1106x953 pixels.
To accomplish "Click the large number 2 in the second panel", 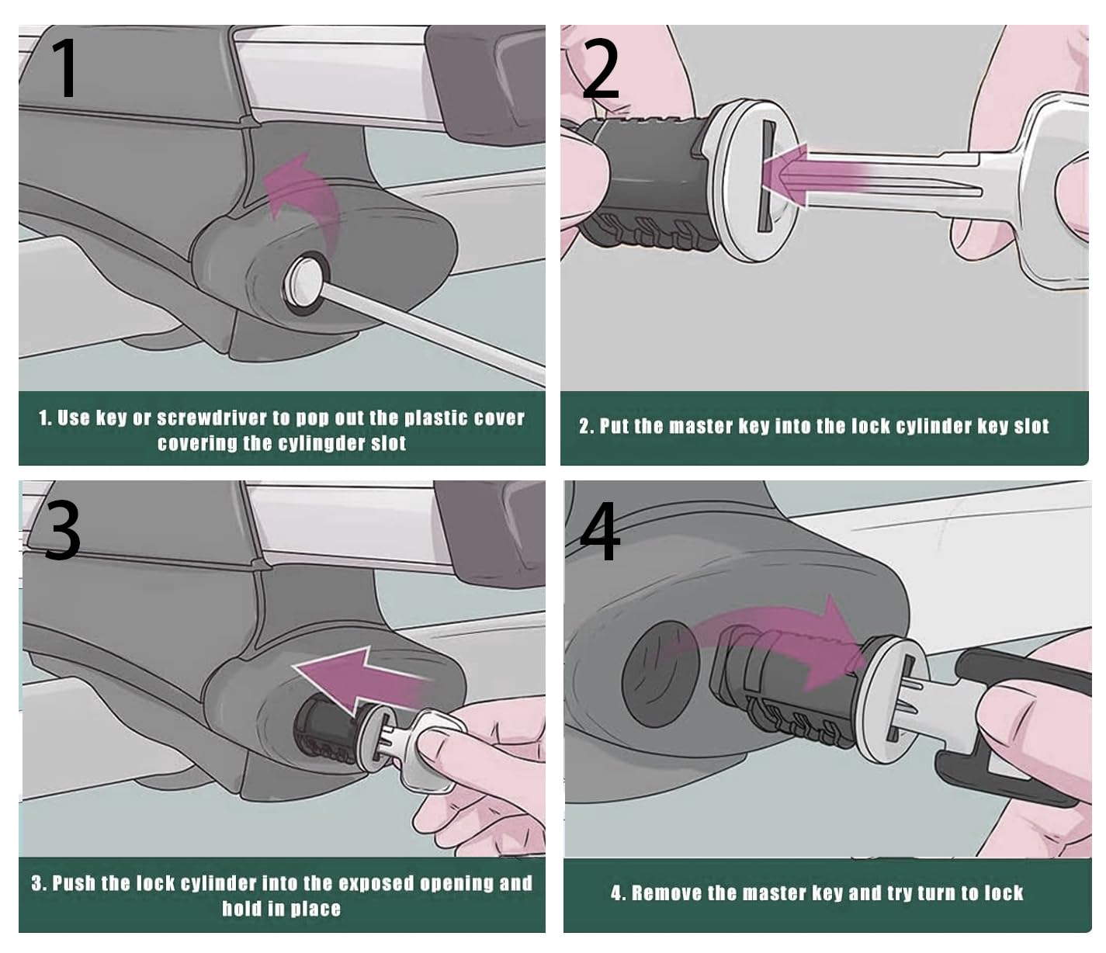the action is click(600, 70).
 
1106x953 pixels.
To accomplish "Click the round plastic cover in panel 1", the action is click(304, 282).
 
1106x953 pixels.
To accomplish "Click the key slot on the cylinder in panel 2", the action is click(766, 177).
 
